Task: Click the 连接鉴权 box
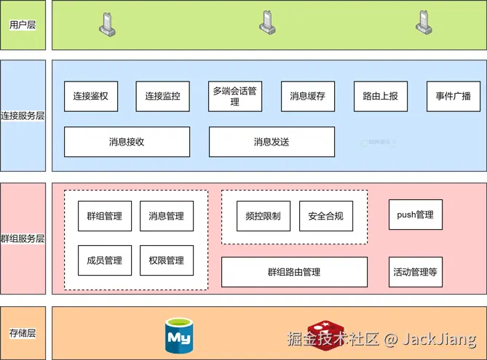[91, 96]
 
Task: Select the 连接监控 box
[162, 96]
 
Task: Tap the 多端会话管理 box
[234, 96]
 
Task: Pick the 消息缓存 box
[307, 96]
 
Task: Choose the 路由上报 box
[381, 96]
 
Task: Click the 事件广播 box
[454, 96]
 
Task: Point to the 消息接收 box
[127, 142]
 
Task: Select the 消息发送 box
[272, 142]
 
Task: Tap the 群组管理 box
[105, 216]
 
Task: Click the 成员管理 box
[105, 260]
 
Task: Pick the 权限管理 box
[167, 260]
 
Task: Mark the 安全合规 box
[325, 216]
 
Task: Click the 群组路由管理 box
[294, 272]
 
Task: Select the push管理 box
[416, 215]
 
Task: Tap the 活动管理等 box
[416, 272]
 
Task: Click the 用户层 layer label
[23, 25]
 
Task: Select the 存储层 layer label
[23, 333]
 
